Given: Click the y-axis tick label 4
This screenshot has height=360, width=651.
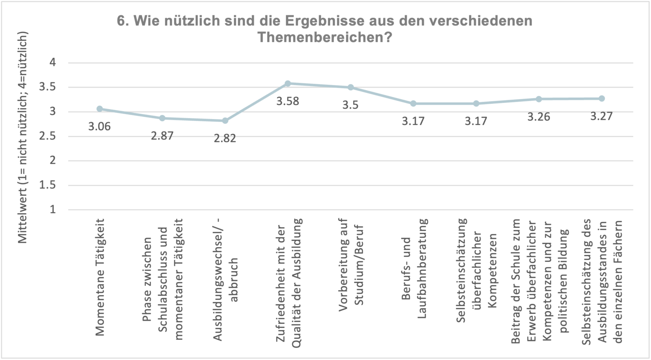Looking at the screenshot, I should pyautogui.click(x=53, y=63).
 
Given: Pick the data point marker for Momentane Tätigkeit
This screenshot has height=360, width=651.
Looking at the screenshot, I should pyautogui.click(x=100, y=109).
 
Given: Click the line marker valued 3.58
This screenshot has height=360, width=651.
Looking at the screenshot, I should pyautogui.click(x=288, y=83).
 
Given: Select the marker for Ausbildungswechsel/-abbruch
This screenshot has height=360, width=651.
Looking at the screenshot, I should pyautogui.click(x=225, y=121).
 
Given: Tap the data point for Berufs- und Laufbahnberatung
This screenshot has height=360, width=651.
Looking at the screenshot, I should pyautogui.click(x=413, y=103).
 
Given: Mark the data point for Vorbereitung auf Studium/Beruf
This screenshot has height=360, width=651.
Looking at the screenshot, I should pyautogui.click(x=351, y=87).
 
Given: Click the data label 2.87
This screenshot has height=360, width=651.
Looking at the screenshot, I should pyautogui.click(x=162, y=136).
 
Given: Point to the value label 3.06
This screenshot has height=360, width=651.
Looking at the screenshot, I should pyautogui.click(x=100, y=127).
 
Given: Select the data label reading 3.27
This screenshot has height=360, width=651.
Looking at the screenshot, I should pyautogui.click(x=601, y=116).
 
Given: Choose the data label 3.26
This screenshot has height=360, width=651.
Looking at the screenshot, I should pyautogui.click(x=539, y=117).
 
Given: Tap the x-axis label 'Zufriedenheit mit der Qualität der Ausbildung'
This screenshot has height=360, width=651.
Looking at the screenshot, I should pyautogui.click(x=288, y=283).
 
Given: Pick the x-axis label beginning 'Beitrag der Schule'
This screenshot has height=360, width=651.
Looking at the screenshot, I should pyautogui.click(x=539, y=283).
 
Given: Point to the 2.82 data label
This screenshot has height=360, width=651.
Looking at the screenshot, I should pyautogui.click(x=225, y=139).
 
